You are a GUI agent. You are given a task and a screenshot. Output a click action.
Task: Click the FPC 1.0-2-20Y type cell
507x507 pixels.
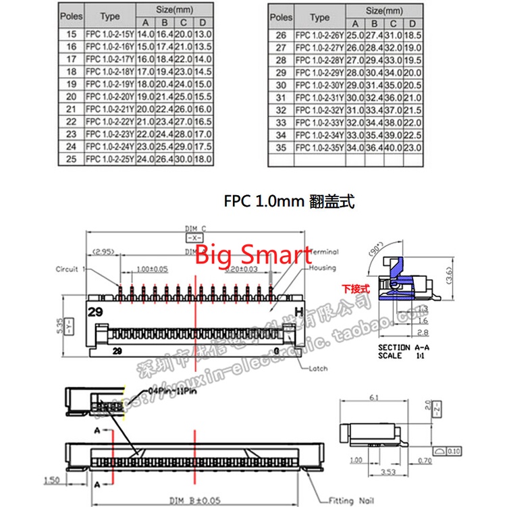click(x=109, y=97)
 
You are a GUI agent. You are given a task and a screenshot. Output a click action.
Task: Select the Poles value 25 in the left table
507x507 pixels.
click(x=72, y=159)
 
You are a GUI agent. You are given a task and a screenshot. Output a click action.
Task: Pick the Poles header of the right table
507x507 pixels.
click(x=281, y=18)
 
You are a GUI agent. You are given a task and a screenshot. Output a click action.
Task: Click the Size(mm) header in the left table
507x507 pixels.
click(x=174, y=11)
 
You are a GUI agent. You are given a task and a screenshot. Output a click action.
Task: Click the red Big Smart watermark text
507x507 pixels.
click(x=253, y=255)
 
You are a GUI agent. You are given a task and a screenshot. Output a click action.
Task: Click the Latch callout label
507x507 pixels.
click(x=319, y=369)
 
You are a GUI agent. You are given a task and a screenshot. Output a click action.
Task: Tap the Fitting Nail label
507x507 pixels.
click(x=349, y=500)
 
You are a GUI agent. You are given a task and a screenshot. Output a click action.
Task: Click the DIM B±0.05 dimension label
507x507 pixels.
click(x=193, y=500)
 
